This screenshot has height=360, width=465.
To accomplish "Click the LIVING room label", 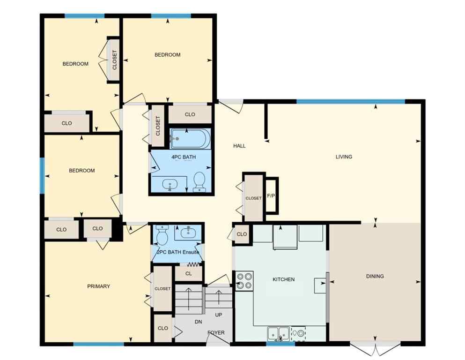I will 344,157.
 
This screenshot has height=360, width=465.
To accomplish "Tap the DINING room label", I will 375,276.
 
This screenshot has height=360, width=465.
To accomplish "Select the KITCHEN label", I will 284,279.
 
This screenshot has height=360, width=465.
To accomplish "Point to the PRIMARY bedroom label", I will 98,286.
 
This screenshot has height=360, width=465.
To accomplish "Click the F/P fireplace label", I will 271,195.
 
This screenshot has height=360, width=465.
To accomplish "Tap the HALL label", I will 239,146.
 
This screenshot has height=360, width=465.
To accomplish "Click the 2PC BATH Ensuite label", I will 178,252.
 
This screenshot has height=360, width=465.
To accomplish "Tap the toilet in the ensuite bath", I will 162,235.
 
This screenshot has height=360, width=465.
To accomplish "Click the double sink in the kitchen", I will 278,333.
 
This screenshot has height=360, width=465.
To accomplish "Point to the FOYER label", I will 216,333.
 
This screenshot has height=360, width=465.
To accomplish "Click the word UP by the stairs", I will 219,315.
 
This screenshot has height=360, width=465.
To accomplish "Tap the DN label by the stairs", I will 198,321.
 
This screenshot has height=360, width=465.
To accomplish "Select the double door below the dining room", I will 369,349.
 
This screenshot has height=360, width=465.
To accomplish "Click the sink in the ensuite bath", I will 188,231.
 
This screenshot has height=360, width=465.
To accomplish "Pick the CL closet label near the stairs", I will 188,273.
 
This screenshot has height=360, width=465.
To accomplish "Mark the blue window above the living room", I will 350,101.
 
